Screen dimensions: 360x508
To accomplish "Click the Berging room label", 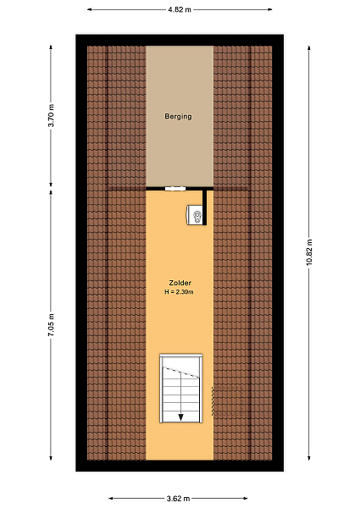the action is click(x=178, y=116).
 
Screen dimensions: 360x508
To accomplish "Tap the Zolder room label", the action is click(x=180, y=283).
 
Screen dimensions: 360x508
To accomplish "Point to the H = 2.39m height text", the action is click(x=179, y=292).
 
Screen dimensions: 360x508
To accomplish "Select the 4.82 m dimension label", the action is click(x=180, y=9).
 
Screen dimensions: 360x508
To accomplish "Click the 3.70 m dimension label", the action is click(x=52, y=116).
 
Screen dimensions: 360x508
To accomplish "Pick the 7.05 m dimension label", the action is click(x=52, y=324).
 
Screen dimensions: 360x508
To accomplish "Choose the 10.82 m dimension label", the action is click(x=309, y=252).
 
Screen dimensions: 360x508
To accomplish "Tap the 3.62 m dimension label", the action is click(x=178, y=499).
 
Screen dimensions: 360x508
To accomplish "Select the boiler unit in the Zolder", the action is click(x=195, y=214).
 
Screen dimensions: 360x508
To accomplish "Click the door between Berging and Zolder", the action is click(x=175, y=189).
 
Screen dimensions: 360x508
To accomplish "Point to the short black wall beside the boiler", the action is click(x=204, y=207).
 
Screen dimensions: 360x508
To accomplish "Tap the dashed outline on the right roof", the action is click(x=228, y=401).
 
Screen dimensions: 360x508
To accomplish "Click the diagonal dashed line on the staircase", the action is click(x=180, y=372).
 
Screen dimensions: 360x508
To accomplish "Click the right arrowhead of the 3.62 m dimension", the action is click(x=246, y=499).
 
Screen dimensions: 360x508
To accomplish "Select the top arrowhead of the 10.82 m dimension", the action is click(x=309, y=48).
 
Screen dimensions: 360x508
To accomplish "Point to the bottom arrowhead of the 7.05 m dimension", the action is click(x=51, y=457).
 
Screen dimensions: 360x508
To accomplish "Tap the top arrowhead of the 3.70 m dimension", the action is click(x=51, y=47).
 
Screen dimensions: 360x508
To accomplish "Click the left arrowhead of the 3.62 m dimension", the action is click(x=111, y=499).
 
